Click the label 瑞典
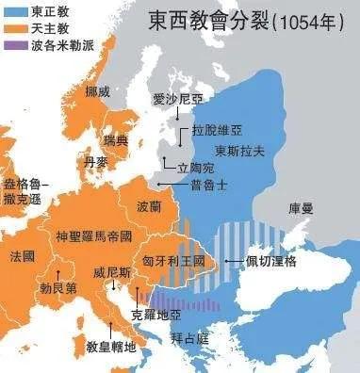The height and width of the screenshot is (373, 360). pyautogui.click(x=115, y=140)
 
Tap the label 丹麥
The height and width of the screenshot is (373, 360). pyautogui.click(x=96, y=162)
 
